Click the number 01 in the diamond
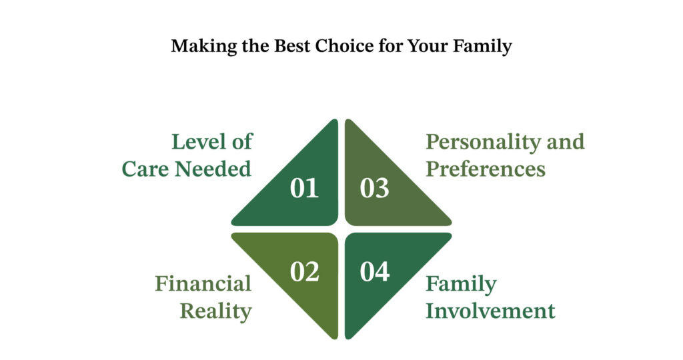click(x=305, y=189)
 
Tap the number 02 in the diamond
click(x=305, y=272)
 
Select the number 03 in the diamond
click(x=374, y=189)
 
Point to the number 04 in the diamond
click(x=375, y=272)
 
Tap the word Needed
click(x=213, y=169)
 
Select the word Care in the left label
click(x=146, y=169)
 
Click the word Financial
click(x=203, y=284)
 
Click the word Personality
click(x=483, y=143)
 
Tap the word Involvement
click(x=490, y=311)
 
